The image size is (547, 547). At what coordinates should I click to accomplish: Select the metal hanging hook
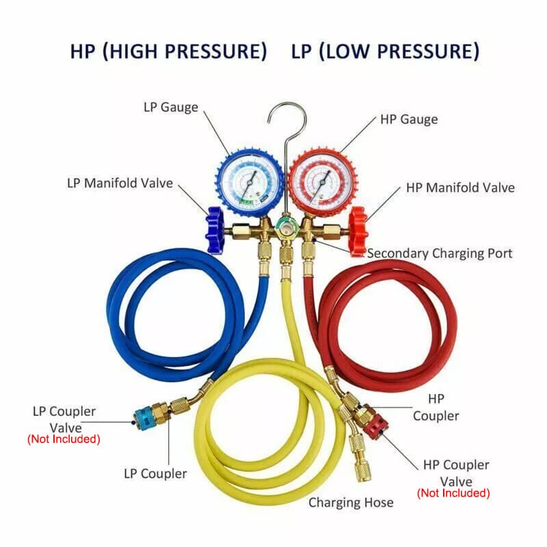click(285, 130)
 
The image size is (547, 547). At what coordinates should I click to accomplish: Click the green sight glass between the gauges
click(285, 226)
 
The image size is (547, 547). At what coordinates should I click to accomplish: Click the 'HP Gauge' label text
click(409, 119)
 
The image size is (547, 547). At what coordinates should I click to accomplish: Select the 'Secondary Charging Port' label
click(440, 254)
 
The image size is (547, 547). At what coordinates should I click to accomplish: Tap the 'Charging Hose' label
click(351, 503)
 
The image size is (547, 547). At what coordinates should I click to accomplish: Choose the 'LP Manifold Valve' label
click(120, 183)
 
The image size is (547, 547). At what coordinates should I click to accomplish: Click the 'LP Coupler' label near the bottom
click(155, 473)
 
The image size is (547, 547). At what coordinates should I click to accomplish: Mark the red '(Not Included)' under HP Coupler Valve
click(453, 493)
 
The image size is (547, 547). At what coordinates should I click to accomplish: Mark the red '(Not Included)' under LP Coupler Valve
click(64, 439)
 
